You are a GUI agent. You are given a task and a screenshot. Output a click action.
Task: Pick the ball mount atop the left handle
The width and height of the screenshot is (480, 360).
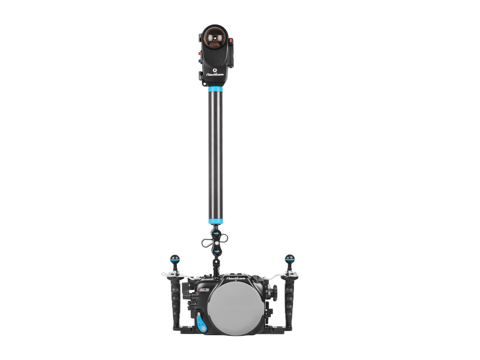175,259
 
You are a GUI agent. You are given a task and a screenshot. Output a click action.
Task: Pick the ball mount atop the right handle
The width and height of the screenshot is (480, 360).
289,259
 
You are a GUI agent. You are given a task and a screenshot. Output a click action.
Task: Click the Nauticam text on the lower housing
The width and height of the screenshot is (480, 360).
235,279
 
